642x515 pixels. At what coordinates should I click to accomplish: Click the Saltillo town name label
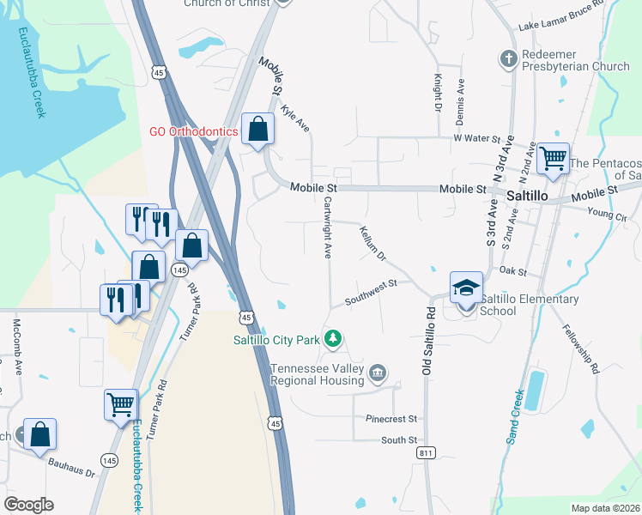[x=526, y=196]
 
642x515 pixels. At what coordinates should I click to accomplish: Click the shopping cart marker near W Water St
[x=553, y=158]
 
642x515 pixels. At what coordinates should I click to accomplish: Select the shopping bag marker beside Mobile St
[x=257, y=130]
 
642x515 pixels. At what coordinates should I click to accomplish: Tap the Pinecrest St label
[x=391, y=420]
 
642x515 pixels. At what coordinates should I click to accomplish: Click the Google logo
[x=28, y=505]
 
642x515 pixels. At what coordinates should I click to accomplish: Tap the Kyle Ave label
[x=295, y=119]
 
